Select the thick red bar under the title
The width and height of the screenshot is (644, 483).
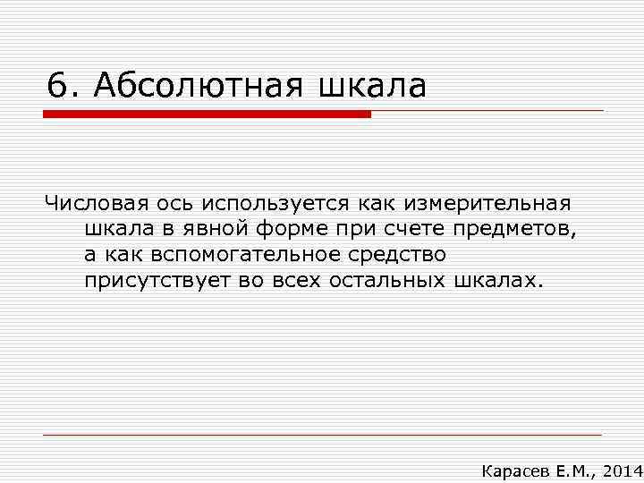207,114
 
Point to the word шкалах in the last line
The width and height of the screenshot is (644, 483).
492,281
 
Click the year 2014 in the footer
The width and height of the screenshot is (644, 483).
622,470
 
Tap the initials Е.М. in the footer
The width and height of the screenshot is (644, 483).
572,470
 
